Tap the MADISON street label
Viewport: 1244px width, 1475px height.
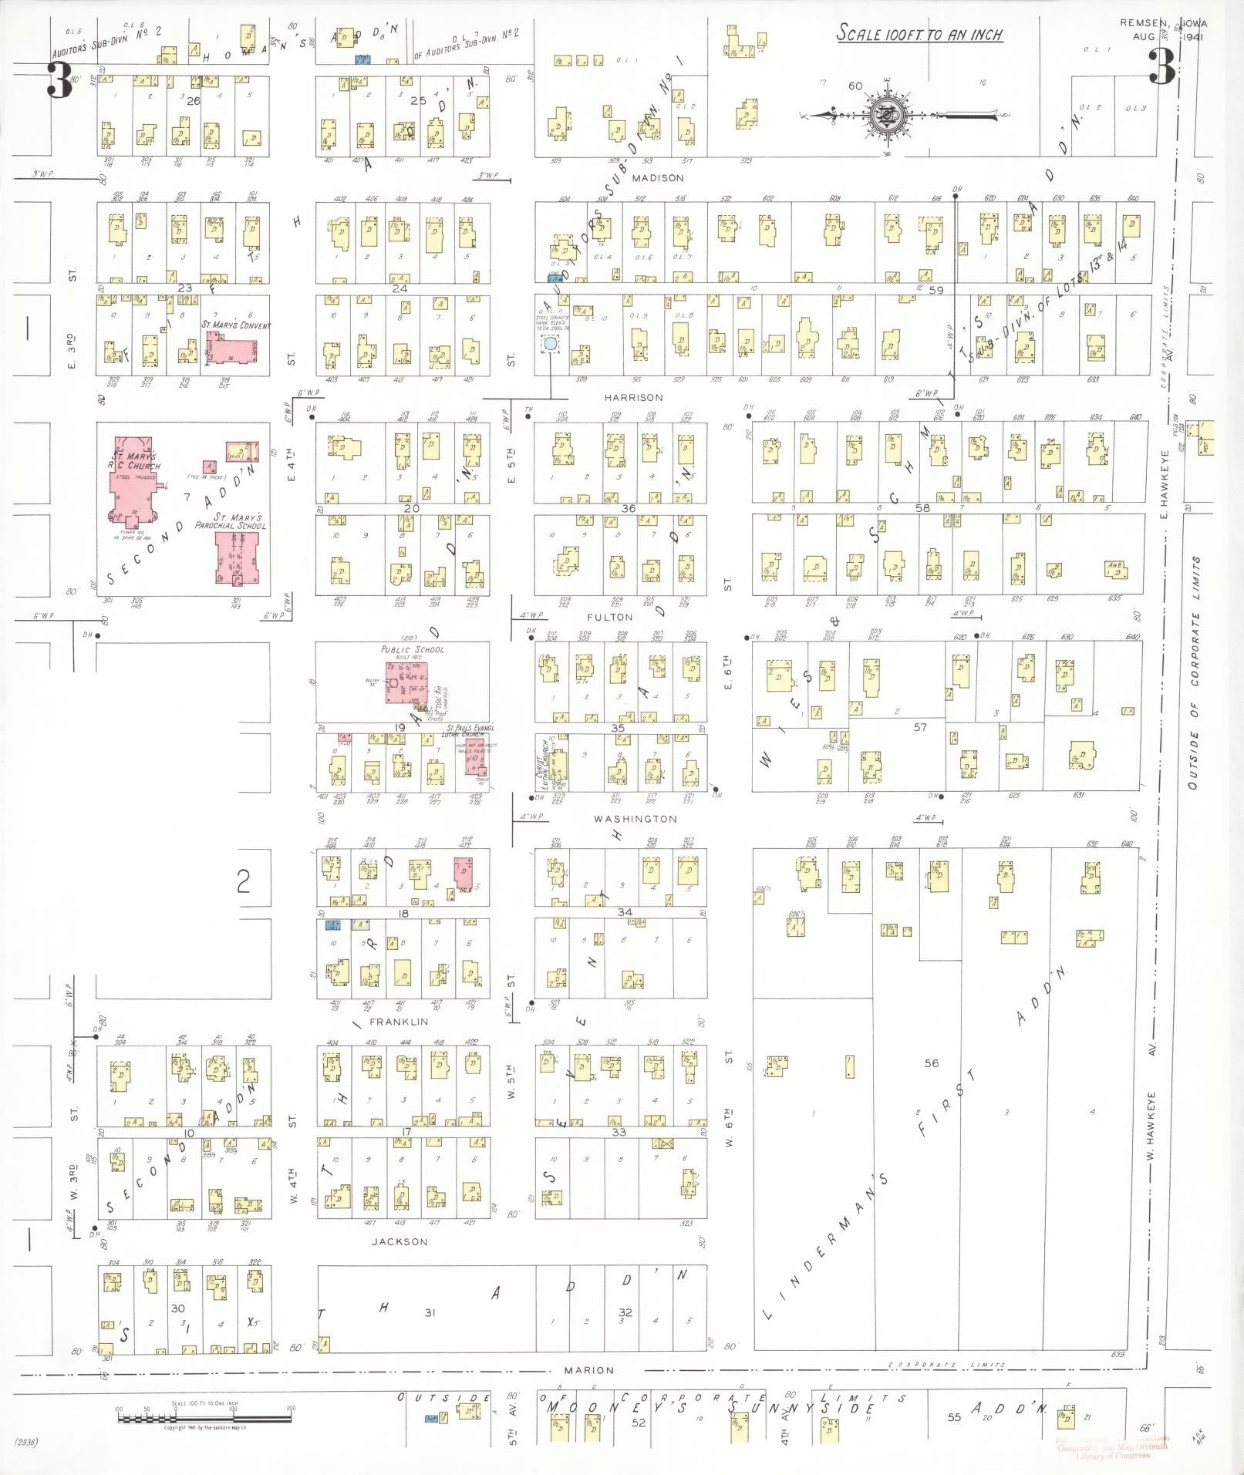click(x=658, y=178)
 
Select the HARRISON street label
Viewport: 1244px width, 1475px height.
click(x=633, y=398)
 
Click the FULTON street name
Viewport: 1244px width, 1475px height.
click(x=609, y=617)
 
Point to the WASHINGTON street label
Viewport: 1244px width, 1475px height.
click(x=635, y=818)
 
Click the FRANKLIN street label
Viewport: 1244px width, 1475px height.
click(x=399, y=1022)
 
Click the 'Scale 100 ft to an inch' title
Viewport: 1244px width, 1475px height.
click(x=919, y=35)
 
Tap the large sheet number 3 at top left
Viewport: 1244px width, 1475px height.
click(x=58, y=81)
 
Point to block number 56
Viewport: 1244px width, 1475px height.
click(x=931, y=1063)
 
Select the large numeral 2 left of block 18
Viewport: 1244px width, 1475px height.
click(x=243, y=881)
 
